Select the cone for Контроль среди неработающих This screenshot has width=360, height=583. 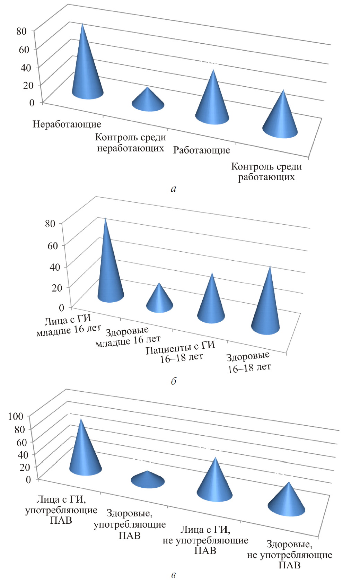pos(148,102)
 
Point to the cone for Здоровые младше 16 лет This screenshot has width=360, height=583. pos(159,302)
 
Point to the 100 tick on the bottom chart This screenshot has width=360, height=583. pos(16,416)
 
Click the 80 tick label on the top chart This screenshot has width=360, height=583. pos(21,31)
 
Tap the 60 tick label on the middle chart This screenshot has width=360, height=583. pos(52,245)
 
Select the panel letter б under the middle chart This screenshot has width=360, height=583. pos(174,381)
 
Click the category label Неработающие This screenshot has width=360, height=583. pos(67,124)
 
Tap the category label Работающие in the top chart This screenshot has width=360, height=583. pos(202,150)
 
